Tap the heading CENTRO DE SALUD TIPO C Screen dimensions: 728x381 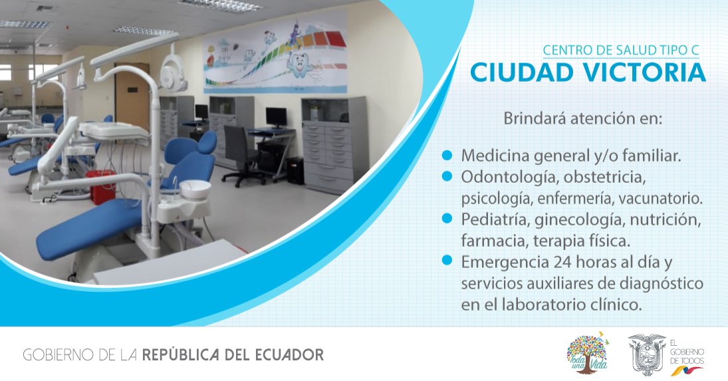621,50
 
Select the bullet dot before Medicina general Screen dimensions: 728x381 447,155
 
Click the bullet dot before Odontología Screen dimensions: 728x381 447,176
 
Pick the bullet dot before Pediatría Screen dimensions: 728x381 447,218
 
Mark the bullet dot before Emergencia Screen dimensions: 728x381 447,261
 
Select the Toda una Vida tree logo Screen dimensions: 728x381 587,352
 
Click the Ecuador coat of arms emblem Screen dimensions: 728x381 647,354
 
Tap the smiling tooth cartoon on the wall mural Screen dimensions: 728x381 299,65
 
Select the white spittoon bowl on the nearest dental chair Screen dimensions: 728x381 195,190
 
